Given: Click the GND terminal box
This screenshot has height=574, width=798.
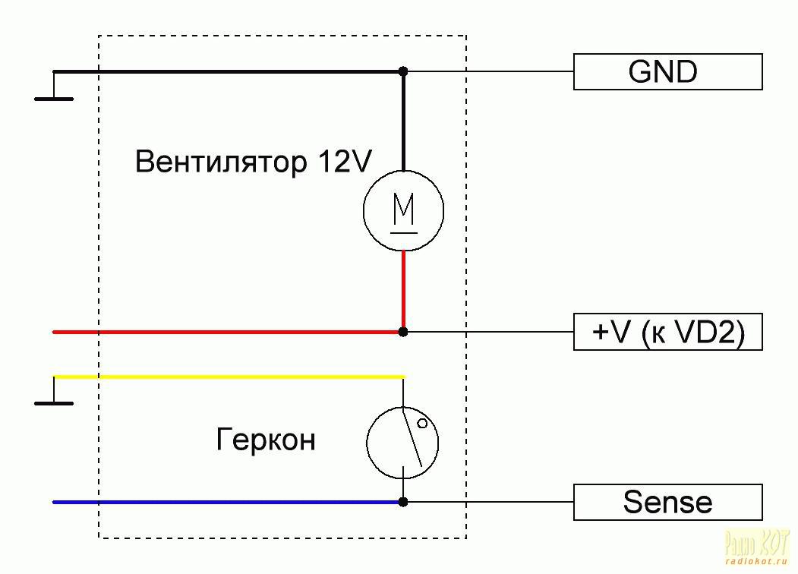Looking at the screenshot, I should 667,71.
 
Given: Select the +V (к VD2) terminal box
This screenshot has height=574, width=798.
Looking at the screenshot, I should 667,332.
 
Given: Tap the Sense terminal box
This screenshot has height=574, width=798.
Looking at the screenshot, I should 667,502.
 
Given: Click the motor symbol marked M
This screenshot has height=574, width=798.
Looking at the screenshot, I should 403,210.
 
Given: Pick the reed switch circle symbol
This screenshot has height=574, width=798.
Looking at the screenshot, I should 403,444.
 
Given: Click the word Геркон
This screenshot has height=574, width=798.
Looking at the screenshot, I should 265,440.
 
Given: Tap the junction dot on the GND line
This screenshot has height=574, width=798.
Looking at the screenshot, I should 403,71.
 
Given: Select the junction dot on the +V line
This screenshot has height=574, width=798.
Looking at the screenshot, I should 403,332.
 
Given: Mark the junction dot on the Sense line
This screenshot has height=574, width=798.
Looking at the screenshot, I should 403,502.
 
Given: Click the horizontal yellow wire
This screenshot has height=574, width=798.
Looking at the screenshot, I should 228,377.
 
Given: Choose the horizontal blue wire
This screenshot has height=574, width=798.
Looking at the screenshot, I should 228,502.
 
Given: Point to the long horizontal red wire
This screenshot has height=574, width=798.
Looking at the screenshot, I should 228,332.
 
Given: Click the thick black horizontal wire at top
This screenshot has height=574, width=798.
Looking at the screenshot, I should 228,71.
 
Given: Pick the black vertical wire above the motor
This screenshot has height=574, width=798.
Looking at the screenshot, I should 403,121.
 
